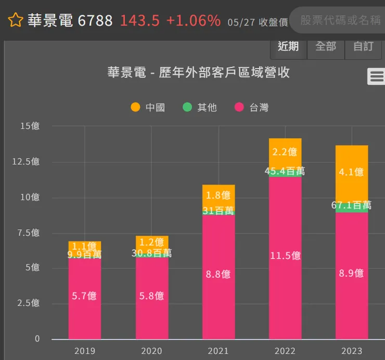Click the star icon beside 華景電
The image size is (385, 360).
point(16,21)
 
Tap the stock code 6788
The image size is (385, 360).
point(95,20)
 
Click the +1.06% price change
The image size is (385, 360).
point(193,20)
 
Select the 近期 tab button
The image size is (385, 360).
point(288,47)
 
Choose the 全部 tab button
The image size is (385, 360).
point(326,47)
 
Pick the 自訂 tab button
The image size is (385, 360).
point(363,47)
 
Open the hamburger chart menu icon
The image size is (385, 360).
point(376,76)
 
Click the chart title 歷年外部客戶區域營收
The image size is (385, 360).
point(198,72)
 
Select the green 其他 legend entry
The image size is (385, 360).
point(200,108)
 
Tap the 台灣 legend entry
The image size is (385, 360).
point(252,108)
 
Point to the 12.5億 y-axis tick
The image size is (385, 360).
point(26,162)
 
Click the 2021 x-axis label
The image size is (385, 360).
point(219,351)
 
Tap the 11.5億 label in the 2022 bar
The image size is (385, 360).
point(285,256)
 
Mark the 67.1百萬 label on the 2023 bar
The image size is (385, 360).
point(351,205)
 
